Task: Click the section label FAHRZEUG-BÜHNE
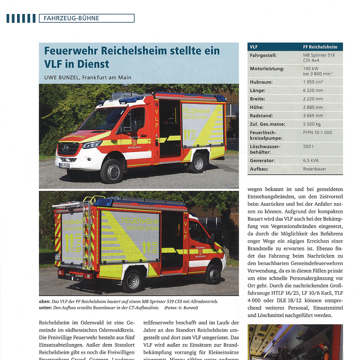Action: pyautogui.click(x=71, y=18)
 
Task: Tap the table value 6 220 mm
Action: pyautogui.click(x=313, y=90)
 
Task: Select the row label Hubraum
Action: pyautogui.click(x=261, y=82)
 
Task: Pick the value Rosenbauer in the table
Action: pyautogui.click(x=315, y=169)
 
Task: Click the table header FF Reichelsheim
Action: pyautogui.click(x=320, y=47)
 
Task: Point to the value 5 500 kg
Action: pyautogui.click(x=312, y=124)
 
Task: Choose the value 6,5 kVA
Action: pyautogui.click(x=311, y=160)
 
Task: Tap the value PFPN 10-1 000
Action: pyautogui.click(x=317, y=133)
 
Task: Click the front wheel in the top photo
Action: pyautogui.click(x=112, y=171)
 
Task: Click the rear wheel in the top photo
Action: pyautogui.click(x=199, y=163)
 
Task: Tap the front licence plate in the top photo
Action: pyautogui.click(x=64, y=166)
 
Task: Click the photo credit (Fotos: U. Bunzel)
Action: pyautogui.click(x=181, y=308)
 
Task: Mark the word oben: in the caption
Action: pyautogui.click(x=45, y=301)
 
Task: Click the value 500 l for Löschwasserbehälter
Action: pyautogui.click(x=308, y=146)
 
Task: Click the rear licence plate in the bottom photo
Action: pyautogui.click(x=57, y=256)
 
